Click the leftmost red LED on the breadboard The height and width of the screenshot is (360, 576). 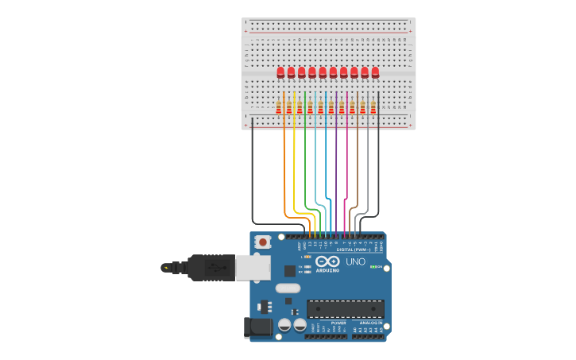click(280, 72)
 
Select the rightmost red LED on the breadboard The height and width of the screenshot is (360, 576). click(375, 72)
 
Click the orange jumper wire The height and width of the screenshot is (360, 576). click(284, 175)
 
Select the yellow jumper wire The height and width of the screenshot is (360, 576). click(294, 175)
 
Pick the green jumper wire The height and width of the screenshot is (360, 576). click(305, 175)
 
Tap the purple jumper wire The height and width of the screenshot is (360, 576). click(336, 175)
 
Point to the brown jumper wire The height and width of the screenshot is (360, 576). click(358, 175)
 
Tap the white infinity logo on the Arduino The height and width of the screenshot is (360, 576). click(327, 261)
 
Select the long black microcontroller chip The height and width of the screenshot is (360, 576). click(346, 308)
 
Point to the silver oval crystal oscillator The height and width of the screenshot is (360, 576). click(288, 288)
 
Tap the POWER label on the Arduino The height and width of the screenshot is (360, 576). click(327, 323)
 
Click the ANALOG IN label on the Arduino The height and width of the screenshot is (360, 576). click(368, 323)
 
